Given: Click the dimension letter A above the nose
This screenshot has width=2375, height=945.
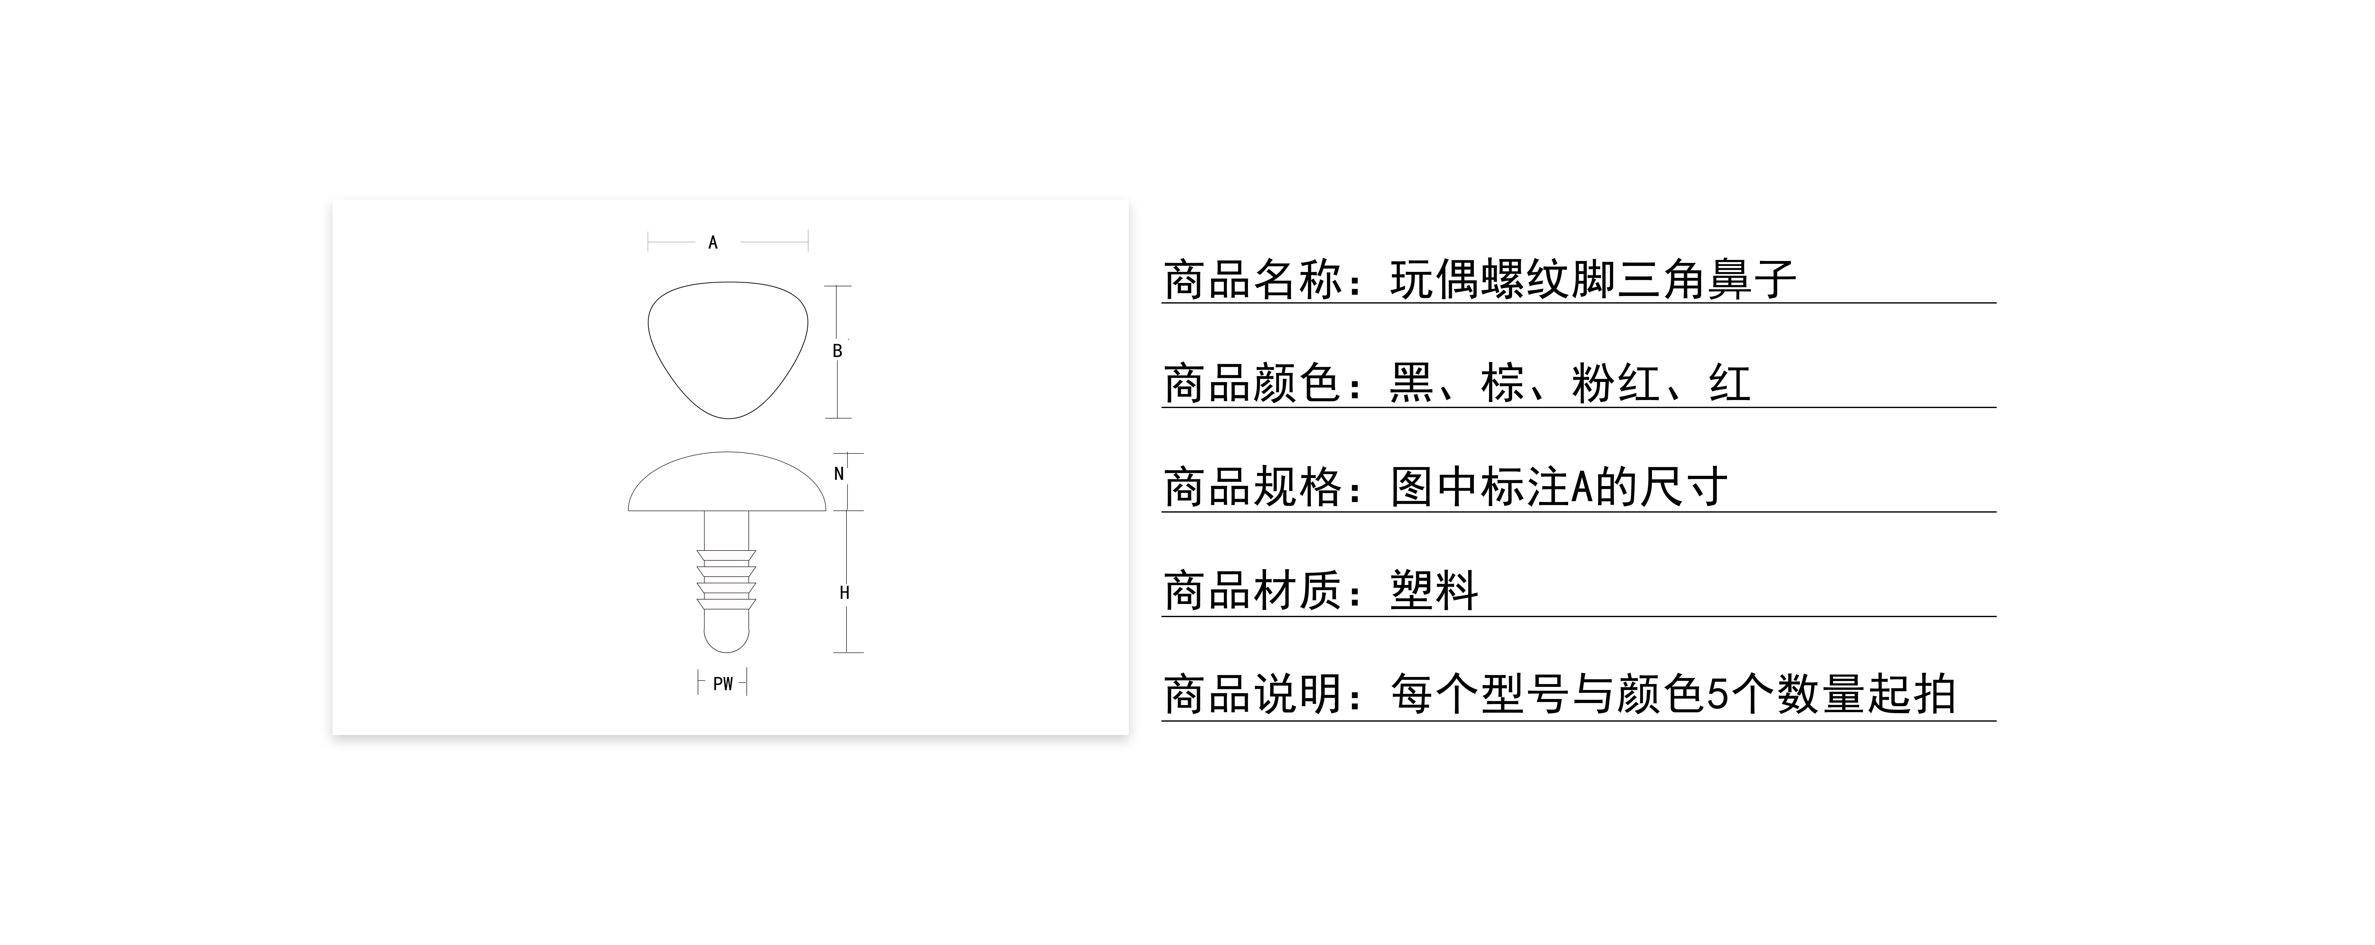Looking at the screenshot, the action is coord(713,242).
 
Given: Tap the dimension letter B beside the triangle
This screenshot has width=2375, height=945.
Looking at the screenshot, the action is coord(837,351).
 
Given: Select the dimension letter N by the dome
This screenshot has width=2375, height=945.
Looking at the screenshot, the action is coord(839,474).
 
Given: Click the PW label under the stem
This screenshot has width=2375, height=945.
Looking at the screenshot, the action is coord(723,684).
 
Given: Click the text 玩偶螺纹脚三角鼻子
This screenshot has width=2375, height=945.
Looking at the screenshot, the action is coord(1592,279).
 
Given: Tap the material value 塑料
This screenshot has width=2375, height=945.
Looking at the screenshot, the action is coord(1434,591).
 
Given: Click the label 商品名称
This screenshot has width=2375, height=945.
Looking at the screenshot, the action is coord(1252,279).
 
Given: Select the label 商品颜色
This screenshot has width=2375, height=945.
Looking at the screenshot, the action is coord(1252,383).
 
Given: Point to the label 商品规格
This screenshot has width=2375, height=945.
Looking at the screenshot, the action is coord(1252,488).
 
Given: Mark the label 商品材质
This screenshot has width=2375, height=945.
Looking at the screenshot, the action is coord(1252,591).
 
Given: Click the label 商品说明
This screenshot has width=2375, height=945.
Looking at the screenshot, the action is coord(1252,695).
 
